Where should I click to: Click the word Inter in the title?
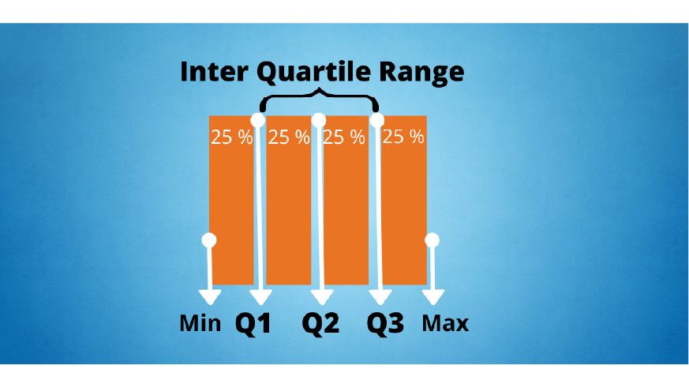(x=214, y=71)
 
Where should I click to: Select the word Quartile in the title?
(x=313, y=73)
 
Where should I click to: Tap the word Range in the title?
(x=421, y=73)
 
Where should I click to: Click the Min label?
(x=200, y=323)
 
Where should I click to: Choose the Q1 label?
(x=253, y=324)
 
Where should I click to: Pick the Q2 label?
(x=320, y=324)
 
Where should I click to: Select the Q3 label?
(x=385, y=324)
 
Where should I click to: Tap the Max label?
(x=445, y=323)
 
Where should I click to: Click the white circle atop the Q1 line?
(x=257, y=120)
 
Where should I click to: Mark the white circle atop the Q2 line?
(x=319, y=120)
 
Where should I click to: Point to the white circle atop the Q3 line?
(x=377, y=120)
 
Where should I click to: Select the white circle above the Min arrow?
(x=209, y=240)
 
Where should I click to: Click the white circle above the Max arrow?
(x=432, y=240)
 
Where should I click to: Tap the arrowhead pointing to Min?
(x=210, y=296)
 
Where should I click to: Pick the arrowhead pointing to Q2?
(x=322, y=296)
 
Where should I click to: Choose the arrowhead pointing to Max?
(x=433, y=296)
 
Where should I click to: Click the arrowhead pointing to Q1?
(x=260, y=296)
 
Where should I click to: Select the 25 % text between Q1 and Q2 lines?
(x=289, y=137)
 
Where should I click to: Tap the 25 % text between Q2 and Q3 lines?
(x=344, y=137)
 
